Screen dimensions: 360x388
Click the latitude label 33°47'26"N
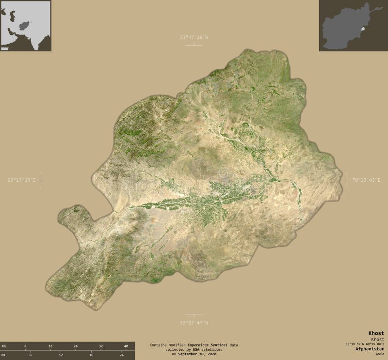pyautogui.click(x=194, y=37)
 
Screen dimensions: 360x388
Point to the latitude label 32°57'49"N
pyautogui.click(x=194, y=322)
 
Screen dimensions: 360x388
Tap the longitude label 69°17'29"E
pyautogui.click(x=21, y=180)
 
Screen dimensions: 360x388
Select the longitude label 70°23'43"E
pyautogui.click(x=367, y=180)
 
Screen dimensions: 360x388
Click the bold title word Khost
pyautogui.click(x=376, y=333)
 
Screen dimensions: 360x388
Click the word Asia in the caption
pyautogui.click(x=379, y=354)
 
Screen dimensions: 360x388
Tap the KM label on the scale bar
pyautogui.click(x=4, y=346)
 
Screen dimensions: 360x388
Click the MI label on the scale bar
pyautogui.click(x=4, y=355)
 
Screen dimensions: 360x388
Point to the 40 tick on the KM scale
pyautogui.click(x=126, y=346)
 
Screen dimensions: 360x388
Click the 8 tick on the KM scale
pyautogui.click(x=26, y=346)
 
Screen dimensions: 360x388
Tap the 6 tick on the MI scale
pyautogui.click(x=31, y=355)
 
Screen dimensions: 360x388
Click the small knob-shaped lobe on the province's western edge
pyautogui.click(x=74, y=213)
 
